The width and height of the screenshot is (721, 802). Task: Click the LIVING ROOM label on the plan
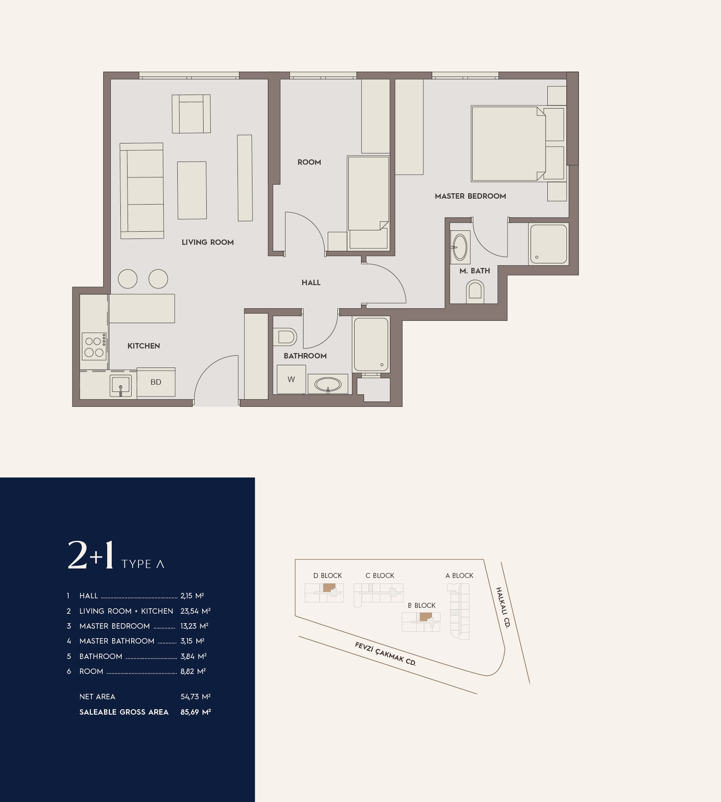click(208, 242)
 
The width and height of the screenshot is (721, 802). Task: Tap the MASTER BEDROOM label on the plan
click(470, 196)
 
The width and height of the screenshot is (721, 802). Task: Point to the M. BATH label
click(474, 271)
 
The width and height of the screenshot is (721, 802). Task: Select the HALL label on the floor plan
click(311, 282)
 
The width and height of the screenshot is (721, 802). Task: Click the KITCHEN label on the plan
click(144, 346)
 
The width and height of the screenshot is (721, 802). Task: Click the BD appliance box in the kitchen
click(156, 382)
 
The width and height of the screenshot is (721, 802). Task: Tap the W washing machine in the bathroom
click(291, 379)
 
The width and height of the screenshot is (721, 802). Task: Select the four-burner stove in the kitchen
click(94, 347)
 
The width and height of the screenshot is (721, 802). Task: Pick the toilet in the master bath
click(475, 291)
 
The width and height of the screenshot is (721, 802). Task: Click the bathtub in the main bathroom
click(371, 344)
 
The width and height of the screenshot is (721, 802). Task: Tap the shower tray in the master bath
click(549, 244)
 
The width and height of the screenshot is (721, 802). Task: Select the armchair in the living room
click(191, 114)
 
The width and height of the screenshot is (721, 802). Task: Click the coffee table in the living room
click(192, 191)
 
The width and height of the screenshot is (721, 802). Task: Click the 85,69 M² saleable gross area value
click(195, 712)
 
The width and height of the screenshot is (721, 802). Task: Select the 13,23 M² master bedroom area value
click(194, 626)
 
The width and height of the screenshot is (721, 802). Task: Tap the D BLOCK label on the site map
click(327, 576)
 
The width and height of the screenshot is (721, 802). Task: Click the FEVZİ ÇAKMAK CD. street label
click(385, 654)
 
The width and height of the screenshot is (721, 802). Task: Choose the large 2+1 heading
click(90, 555)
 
